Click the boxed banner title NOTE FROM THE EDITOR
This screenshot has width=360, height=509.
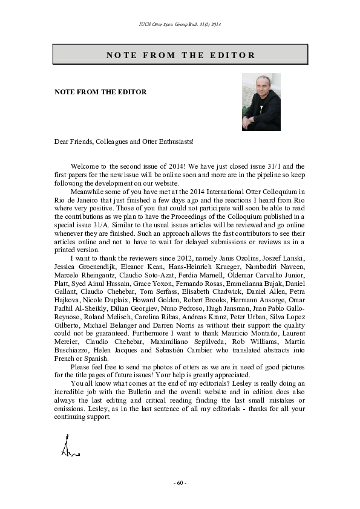pos(180,55)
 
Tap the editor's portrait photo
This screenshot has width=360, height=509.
pos(261,102)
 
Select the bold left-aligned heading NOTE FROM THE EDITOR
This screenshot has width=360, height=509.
pos(100,92)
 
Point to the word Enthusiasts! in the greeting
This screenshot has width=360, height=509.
pos(177,141)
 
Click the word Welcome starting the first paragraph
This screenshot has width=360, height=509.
pos(83,166)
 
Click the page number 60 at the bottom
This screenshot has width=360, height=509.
pos(180,483)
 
